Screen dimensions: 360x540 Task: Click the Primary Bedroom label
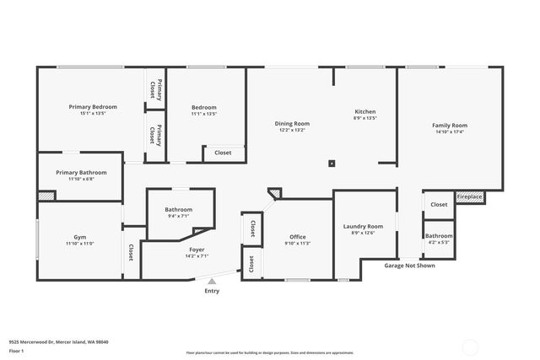coord(93,107)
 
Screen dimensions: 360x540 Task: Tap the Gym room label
coord(80,237)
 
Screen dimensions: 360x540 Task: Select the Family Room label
coord(450,125)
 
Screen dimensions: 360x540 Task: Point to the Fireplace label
coord(470,196)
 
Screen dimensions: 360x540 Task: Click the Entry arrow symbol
coord(212,281)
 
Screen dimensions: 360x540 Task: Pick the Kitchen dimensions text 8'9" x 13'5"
coord(364,118)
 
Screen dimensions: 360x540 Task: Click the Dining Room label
coord(292,124)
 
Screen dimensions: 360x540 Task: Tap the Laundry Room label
coord(363,226)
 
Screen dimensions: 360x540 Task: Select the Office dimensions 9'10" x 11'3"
coord(297,244)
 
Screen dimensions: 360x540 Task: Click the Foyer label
coord(196,250)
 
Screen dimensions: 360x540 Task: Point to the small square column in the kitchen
coord(332,164)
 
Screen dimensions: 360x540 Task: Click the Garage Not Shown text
coord(410,265)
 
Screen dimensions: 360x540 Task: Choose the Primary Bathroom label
coord(81,172)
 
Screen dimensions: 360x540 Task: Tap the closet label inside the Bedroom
coord(223,153)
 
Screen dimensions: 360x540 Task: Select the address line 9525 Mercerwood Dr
coord(58,341)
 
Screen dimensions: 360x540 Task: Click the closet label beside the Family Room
coord(439,204)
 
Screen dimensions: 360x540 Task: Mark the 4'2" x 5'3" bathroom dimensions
coord(439,242)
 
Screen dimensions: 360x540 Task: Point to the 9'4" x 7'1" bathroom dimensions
coord(178,216)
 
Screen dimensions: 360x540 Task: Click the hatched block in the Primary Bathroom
coord(46,196)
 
